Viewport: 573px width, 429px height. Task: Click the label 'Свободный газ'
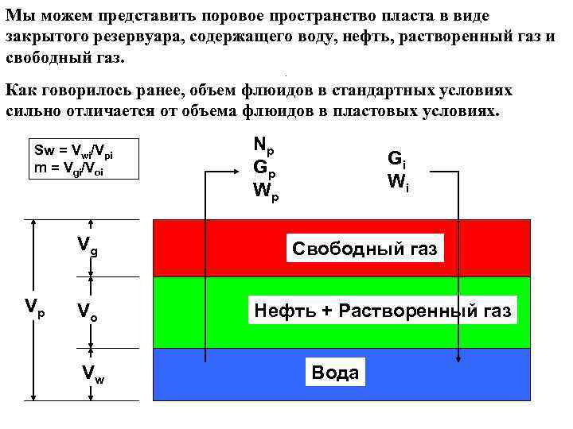pyautogui.click(x=364, y=249)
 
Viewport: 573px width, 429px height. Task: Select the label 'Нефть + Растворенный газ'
pyautogui.click(x=382, y=311)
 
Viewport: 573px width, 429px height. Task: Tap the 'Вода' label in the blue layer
pyautogui.click(x=335, y=373)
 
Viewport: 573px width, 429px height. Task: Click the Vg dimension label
pyautogui.click(x=88, y=247)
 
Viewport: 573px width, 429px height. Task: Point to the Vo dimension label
pyautogui.click(x=87, y=311)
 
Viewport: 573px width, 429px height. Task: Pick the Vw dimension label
pyautogui.click(x=93, y=373)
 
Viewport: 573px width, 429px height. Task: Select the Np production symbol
pyautogui.click(x=263, y=145)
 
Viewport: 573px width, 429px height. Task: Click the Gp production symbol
pyautogui.click(x=264, y=168)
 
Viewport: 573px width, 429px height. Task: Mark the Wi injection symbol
pyautogui.click(x=398, y=181)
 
